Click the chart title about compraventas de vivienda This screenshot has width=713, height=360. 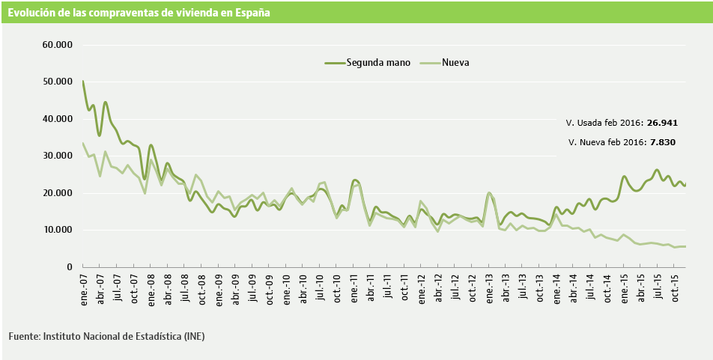tap(139, 13)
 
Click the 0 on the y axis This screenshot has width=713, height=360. tap(68, 267)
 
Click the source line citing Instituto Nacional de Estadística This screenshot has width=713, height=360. tap(106, 337)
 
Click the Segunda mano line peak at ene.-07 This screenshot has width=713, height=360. tap(82, 81)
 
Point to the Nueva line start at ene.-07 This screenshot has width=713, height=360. tap(82, 143)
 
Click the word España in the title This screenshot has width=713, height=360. tap(251, 13)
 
